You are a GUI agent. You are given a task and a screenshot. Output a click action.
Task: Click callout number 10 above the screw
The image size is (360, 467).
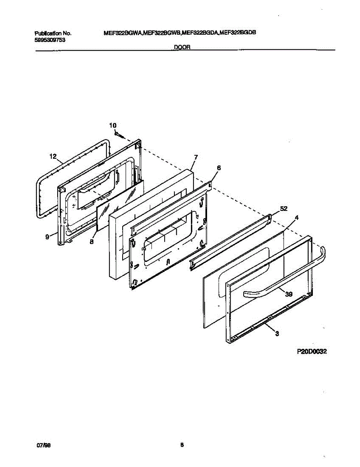[x=112, y=125]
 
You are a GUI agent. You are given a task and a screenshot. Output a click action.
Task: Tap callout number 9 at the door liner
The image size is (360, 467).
[x=47, y=237]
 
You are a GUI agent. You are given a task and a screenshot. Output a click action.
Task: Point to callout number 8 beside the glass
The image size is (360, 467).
[x=91, y=241]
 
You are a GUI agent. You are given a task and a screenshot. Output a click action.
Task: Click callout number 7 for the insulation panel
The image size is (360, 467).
[x=196, y=157]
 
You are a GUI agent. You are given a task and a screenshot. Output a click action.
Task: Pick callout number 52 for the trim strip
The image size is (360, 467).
[x=283, y=209]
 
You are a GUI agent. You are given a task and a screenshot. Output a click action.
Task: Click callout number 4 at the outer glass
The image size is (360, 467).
[x=297, y=218]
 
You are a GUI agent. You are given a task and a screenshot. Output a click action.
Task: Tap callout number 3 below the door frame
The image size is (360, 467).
[x=277, y=333]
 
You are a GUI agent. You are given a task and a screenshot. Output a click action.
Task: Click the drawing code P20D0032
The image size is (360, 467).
[x=311, y=351]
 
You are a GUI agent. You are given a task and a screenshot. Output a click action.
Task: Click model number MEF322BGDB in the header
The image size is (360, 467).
[x=237, y=33]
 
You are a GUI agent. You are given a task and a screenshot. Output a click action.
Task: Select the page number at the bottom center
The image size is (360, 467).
[x=182, y=446]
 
